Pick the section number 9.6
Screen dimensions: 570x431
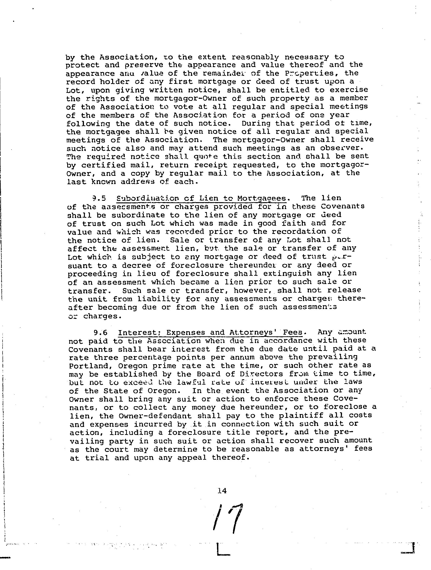coord(101,333)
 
